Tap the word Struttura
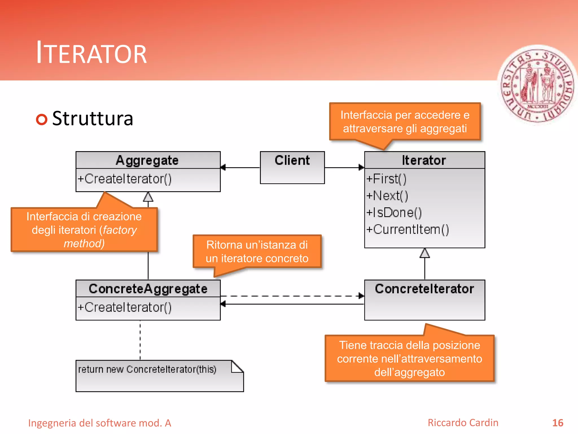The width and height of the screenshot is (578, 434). pos(93,119)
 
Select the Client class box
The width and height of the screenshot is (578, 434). pos(292,167)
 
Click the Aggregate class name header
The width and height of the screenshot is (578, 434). pos(147,160)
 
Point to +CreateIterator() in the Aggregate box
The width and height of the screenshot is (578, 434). pos(124,179)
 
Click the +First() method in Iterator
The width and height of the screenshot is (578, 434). pos(386,179)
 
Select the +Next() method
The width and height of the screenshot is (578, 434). pos(387,196)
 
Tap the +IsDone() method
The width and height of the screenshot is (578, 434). pos(394,212)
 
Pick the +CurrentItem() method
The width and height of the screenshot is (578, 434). pos(407,229)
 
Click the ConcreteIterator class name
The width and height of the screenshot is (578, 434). pos(424,289)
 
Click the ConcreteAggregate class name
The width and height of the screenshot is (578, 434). pos(148,289)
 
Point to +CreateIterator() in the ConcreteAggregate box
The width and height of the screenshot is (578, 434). pos(124,307)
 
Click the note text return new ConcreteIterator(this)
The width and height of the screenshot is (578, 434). pos(147,369)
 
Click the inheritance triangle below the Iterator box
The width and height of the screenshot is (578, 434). pos(424,253)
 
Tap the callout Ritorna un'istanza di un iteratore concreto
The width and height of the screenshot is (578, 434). pos(257,251)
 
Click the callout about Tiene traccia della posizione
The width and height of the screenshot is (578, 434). pos(409,358)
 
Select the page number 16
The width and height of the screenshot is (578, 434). pos(557,423)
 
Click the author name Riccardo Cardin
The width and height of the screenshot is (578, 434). pos(463,423)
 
